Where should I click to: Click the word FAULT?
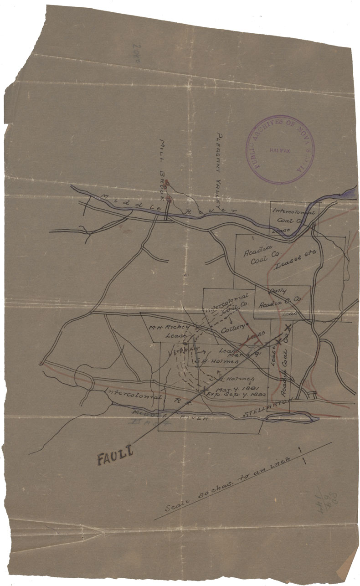click(x=114, y=455)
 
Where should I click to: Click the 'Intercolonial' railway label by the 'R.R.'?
click(x=132, y=393)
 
